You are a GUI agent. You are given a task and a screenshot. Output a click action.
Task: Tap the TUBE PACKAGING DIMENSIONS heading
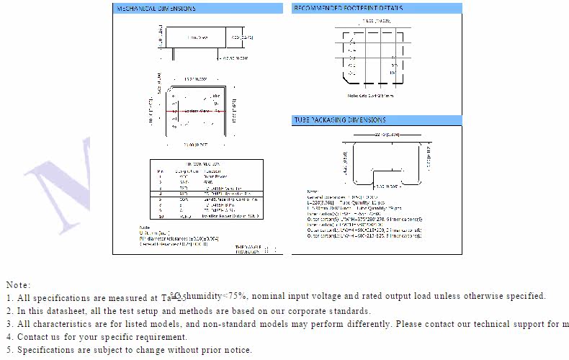pos(339,120)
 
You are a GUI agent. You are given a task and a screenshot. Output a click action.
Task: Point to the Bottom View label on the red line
pos(198,112)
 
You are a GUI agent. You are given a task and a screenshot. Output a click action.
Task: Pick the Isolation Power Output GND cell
pos(224,216)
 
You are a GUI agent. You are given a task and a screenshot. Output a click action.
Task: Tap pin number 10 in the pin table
pos(160,216)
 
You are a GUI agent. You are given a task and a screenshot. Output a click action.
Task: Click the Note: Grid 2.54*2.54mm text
pos(371,94)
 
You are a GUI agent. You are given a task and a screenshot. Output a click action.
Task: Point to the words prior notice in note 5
pos(226,350)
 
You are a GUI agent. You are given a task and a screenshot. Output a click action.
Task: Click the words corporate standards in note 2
pos(335,311)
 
